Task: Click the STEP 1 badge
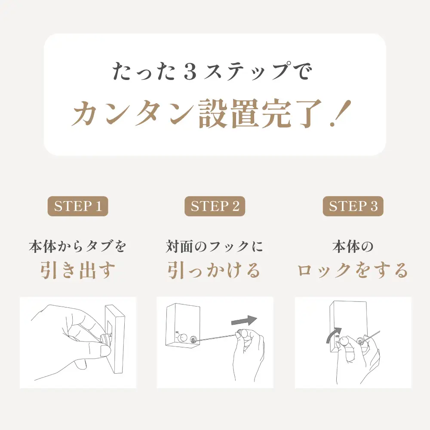[78, 206]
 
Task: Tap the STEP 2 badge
[215, 206]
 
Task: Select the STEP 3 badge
[353, 206]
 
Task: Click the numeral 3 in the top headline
[190, 71]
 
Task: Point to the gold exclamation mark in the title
[341, 113]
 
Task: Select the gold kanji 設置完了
[260, 114]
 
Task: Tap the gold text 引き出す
[78, 270]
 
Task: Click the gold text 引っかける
[214, 270]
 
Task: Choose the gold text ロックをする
[353, 270]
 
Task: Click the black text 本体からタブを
[77, 246]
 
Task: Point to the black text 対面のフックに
[215, 246]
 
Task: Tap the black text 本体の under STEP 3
[353, 246]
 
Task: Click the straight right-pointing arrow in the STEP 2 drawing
[244, 320]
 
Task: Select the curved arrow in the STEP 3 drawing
[334, 335]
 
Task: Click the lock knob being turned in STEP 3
[343, 342]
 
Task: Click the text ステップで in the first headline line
[257, 71]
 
